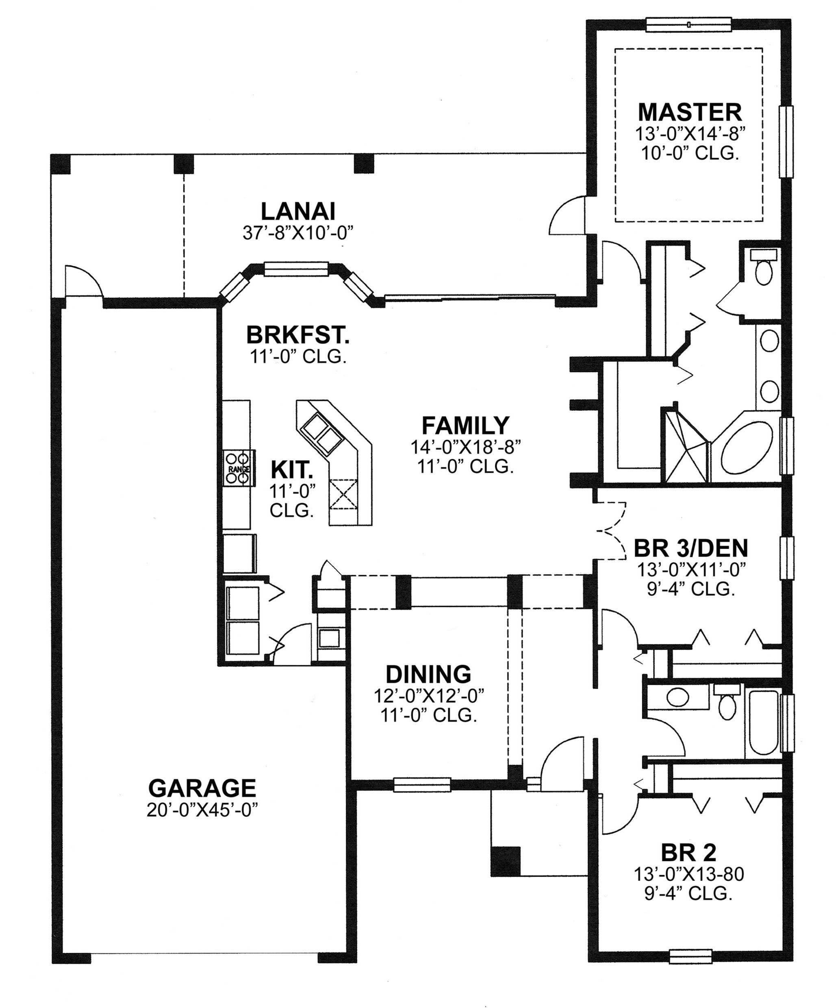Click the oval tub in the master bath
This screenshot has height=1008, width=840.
[747, 448]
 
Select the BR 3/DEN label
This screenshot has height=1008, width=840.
[690, 547]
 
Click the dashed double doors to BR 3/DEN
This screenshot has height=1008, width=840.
[612, 531]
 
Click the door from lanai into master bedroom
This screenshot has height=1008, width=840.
[569, 216]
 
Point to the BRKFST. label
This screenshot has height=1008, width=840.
[297, 335]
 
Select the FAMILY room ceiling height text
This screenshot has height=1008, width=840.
[465, 467]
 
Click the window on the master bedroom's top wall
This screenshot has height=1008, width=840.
[688, 24]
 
